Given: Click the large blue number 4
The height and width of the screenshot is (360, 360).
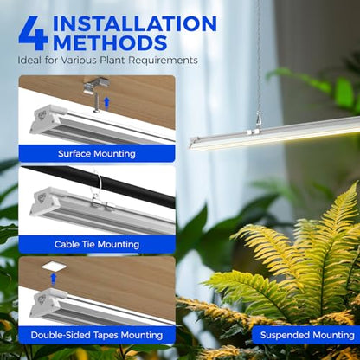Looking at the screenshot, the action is (x=33, y=33).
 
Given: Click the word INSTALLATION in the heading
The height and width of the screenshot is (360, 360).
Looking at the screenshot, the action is (x=135, y=23).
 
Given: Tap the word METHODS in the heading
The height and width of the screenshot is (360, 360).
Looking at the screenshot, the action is (x=110, y=42).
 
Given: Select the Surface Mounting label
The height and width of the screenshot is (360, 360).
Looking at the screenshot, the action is (x=97, y=154).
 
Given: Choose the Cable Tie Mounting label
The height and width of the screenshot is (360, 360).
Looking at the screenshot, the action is (x=97, y=245).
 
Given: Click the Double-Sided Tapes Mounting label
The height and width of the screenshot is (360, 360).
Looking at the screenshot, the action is (x=97, y=335).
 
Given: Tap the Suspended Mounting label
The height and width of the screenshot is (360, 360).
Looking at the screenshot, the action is (x=307, y=335).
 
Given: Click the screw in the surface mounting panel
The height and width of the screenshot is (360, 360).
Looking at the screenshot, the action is (x=97, y=103).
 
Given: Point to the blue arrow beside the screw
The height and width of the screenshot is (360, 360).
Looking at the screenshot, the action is (x=106, y=104).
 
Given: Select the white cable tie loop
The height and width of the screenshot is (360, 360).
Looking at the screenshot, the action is (x=95, y=185).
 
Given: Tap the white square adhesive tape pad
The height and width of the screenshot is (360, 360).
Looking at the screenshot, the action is (x=55, y=267).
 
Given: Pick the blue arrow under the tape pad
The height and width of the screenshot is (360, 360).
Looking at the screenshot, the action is (x=53, y=279).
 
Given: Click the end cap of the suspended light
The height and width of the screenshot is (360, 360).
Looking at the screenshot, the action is (x=195, y=144).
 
